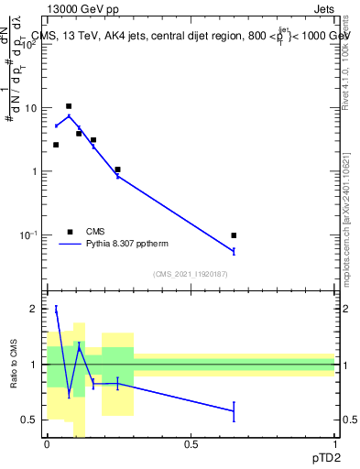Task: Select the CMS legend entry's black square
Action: [x=70, y=232]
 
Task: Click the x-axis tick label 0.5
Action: [x=191, y=444]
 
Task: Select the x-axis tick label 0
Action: [x=47, y=444]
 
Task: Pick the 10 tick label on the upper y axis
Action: [x=30, y=108]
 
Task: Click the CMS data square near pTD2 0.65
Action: [x=234, y=235]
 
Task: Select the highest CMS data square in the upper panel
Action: [x=69, y=106]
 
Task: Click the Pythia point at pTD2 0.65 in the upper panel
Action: [x=234, y=251]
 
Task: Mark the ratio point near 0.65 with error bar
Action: [x=234, y=411]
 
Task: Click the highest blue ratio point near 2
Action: [x=56, y=310]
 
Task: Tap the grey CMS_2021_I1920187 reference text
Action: [x=191, y=274]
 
